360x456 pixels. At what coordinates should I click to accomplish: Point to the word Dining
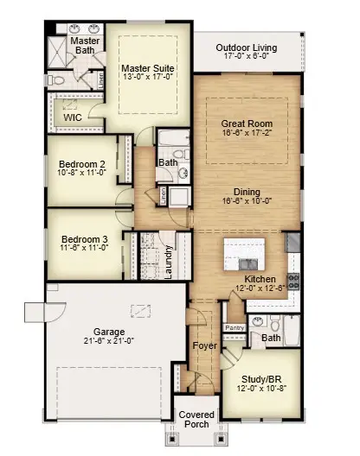tap(247, 192)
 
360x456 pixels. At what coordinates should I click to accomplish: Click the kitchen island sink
tap(245, 257)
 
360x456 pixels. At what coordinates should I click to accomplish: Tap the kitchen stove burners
tap(293, 280)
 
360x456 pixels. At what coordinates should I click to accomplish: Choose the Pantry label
tap(234, 327)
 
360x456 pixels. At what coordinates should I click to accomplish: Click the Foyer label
tap(204, 345)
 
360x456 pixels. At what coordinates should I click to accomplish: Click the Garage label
tap(109, 331)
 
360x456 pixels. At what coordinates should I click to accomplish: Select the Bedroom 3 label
tap(83, 239)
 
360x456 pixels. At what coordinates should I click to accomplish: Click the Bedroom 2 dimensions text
tap(82, 174)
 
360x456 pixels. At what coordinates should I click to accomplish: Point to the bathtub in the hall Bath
tap(168, 142)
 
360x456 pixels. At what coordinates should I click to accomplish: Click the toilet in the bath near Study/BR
tap(275, 326)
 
